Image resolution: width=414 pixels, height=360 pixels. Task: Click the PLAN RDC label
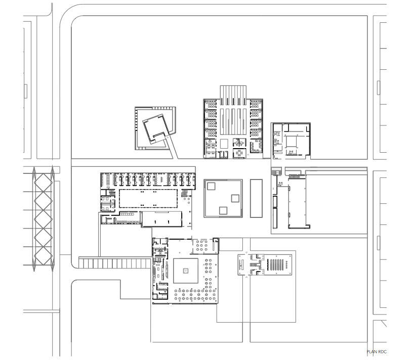377,351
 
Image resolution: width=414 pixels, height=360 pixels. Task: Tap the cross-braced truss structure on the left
44,218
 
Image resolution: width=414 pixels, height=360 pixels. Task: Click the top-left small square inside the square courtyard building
211,186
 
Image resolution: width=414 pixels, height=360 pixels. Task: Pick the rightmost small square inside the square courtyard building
235,198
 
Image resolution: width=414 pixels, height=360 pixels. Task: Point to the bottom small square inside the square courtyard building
223,210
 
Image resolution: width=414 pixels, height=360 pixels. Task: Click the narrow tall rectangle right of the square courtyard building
256,198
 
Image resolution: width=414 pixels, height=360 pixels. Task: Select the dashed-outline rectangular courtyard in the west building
148,198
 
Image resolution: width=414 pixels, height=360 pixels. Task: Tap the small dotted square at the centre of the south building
186,271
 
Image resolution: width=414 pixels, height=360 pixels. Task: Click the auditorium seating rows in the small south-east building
276,264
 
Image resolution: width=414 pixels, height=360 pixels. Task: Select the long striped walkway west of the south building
115,263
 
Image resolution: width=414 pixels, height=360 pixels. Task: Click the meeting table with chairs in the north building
239,153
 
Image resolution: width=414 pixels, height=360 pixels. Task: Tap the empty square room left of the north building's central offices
224,144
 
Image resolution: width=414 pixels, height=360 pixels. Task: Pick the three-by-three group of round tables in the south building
201,245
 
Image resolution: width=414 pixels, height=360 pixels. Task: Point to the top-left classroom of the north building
211,105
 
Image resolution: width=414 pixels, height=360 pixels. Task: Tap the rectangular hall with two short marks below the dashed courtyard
161,219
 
